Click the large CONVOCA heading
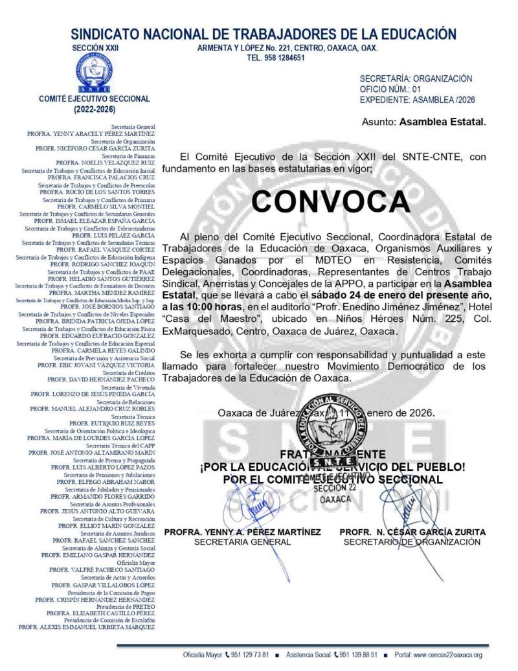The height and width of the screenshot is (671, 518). pos(330,201)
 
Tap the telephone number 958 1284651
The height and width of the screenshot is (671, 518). pos(276,58)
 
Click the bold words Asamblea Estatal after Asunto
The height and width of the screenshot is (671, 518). pos(442,121)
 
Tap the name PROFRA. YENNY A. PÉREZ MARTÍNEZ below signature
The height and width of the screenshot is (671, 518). pos(242,532)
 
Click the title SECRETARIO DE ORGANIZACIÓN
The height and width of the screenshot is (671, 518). pos(412,542)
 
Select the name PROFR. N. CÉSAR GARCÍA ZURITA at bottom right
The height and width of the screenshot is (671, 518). pos(412,532)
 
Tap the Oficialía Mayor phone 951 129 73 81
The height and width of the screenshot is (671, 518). pos(249,655)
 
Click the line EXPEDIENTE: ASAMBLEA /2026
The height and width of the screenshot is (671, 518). pos(418,100)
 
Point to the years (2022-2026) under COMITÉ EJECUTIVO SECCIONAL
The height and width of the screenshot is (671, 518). pos(95,109)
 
